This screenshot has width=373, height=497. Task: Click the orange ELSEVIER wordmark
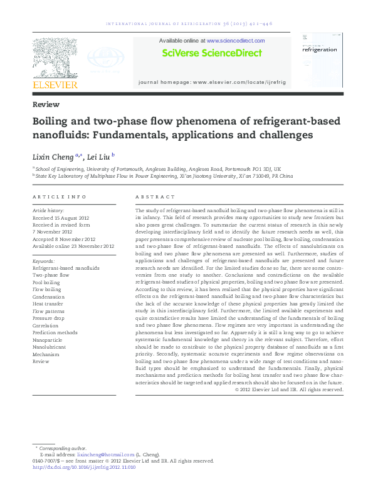(x=55, y=84)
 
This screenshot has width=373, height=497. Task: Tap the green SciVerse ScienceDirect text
(x=211, y=53)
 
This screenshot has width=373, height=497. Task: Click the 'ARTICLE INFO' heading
(x=59, y=197)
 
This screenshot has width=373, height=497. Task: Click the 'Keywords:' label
(x=44, y=260)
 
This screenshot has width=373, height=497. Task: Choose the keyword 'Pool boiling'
(x=47, y=282)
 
